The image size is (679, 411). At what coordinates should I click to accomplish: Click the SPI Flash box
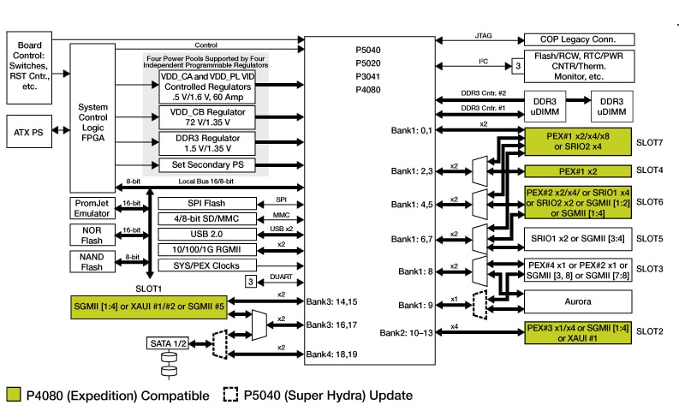click(206, 203)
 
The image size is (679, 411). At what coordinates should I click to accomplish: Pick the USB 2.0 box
click(206, 233)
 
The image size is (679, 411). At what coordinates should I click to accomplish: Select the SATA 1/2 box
click(170, 343)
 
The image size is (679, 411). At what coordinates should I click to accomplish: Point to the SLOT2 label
click(651, 331)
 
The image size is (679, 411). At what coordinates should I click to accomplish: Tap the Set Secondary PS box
click(206, 164)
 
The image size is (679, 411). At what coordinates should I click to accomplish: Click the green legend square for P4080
click(13, 396)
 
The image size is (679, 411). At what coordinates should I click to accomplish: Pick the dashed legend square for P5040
click(230, 396)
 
